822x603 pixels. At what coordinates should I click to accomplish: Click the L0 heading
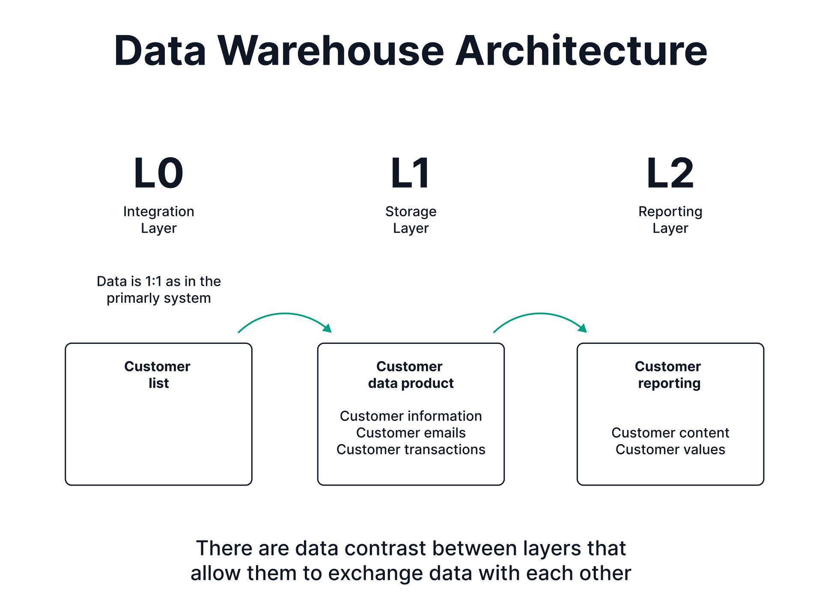tap(158, 173)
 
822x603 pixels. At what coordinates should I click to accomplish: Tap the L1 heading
tap(410, 173)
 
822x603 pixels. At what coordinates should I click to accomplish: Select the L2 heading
tap(670, 173)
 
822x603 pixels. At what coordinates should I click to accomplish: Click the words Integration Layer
tap(158, 220)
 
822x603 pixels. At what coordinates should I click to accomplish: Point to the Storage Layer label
tap(411, 220)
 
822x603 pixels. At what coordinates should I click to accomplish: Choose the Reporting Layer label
tap(670, 220)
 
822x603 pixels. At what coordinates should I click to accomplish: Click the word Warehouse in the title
tap(331, 51)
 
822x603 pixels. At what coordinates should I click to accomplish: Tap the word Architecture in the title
tap(581, 51)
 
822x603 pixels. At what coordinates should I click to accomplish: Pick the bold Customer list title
tap(158, 375)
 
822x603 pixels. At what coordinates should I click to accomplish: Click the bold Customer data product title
tap(411, 375)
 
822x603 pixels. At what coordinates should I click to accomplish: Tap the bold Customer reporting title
tap(668, 375)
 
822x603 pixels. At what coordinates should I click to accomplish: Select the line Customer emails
tap(411, 433)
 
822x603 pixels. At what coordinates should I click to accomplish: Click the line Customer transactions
tap(411, 450)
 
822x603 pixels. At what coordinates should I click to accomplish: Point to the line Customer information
tap(411, 416)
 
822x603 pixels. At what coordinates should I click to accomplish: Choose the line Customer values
tap(670, 450)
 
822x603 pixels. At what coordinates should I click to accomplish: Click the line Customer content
tap(670, 433)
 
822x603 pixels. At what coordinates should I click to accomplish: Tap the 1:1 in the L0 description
tap(153, 281)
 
